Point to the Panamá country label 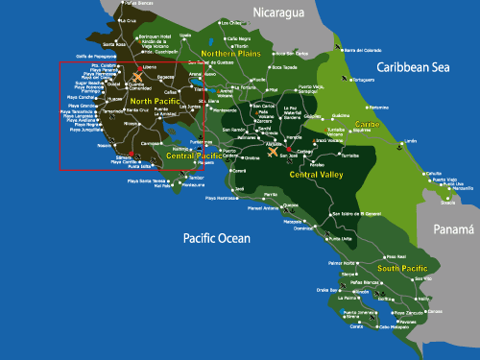(452, 229)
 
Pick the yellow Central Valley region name (316, 175)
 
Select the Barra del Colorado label (363, 49)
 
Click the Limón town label (411, 141)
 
